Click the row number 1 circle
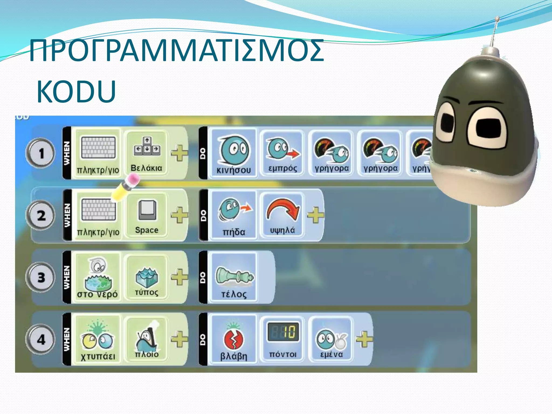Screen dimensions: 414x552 click(40, 153)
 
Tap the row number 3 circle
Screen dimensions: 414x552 click(40, 277)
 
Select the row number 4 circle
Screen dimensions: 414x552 click(40, 339)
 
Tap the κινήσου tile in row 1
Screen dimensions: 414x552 click(233, 153)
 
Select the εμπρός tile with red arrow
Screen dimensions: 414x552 click(282, 153)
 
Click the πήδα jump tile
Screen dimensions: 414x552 click(233, 215)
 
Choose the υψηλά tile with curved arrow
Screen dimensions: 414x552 click(282, 215)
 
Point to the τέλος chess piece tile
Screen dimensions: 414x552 click(233, 277)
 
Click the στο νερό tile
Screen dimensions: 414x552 click(98, 277)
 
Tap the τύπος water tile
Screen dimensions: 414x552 click(147, 277)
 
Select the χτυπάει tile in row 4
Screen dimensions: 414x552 click(98, 339)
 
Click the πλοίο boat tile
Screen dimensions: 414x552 click(147, 339)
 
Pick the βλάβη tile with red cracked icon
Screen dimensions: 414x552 click(233, 339)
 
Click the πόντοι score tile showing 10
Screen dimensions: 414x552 click(282, 339)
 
